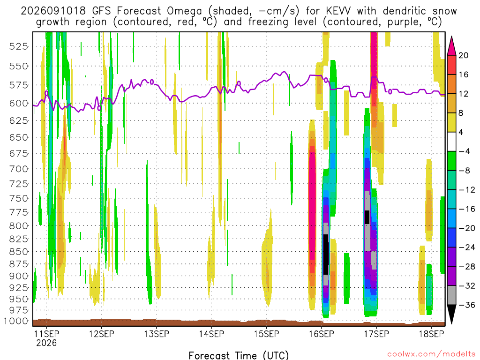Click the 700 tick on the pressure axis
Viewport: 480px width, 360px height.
tap(18, 169)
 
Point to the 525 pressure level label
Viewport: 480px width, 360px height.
tap(18, 46)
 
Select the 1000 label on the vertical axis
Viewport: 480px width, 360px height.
tap(15, 321)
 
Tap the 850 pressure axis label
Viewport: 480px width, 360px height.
tap(18, 252)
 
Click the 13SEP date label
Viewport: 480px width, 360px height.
tap(157, 334)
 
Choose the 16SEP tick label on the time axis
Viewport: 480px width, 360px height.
tap(322, 334)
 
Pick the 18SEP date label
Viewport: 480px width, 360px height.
tap(431, 334)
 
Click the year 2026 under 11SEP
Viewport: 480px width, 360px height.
tap(46, 343)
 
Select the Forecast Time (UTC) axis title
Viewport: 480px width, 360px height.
tap(239, 355)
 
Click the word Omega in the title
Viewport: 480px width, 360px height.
tap(184, 11)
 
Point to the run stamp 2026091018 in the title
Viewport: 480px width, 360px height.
tap(53, 11)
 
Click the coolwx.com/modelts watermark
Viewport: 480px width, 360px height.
tap(431, 354)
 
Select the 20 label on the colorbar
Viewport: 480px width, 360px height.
tap(463, 55)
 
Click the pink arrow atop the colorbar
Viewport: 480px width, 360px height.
tap(451, 46)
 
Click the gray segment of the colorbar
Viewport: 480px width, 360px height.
tap(451, 295)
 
